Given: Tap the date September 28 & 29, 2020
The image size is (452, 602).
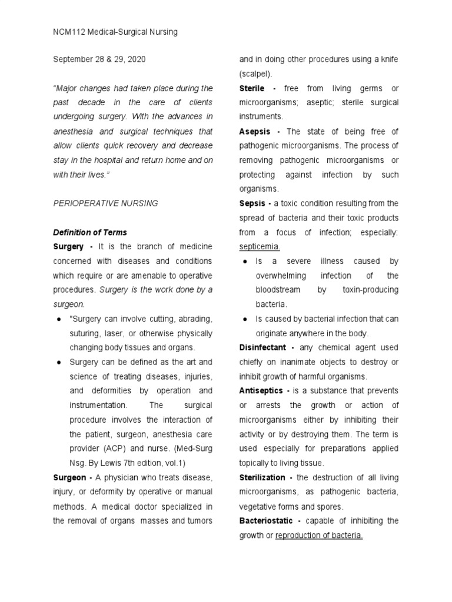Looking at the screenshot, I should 99,60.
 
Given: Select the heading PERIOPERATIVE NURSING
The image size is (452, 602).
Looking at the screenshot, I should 105,203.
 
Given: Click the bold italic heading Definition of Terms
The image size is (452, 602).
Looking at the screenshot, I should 90,232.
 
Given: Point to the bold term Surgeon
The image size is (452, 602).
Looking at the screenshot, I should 71,477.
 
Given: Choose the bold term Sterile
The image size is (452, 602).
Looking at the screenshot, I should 252,88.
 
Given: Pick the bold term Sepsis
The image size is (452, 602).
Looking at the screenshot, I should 252,203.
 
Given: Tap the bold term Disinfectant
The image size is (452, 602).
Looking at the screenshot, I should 263,347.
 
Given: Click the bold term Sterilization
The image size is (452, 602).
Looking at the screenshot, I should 262,477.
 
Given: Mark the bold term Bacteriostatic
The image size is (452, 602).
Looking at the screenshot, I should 266,521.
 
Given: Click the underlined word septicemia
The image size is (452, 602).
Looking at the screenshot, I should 260,247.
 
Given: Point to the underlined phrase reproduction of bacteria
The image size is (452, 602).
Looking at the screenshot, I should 319,535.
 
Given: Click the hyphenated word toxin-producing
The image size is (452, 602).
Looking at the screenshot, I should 369,290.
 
